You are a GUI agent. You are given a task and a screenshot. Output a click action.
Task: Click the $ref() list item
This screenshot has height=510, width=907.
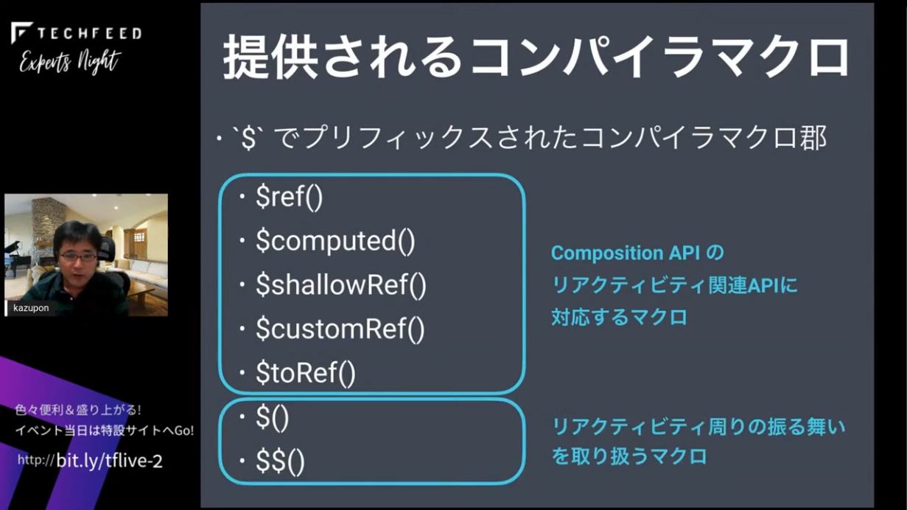coord(289,198)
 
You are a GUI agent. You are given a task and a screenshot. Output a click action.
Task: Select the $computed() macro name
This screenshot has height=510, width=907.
coord(335,241)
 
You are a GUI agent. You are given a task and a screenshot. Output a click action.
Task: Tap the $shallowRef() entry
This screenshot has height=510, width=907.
coord(341,284)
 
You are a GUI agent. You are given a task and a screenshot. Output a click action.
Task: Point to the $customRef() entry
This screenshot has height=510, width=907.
coord(340,329)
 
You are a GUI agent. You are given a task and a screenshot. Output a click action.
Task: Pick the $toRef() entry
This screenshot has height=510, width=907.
coord(306,373)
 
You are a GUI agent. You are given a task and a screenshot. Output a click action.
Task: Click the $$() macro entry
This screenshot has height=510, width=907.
coord(280,461)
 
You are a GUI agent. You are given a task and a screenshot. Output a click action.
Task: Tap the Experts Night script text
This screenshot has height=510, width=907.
coord(70,62)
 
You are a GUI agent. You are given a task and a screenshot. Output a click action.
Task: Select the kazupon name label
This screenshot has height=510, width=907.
coord(31,308)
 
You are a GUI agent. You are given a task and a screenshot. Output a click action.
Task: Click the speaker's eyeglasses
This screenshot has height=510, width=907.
coord(78,256)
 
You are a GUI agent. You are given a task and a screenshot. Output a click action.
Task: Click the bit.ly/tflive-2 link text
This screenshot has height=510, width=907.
coord(109,461)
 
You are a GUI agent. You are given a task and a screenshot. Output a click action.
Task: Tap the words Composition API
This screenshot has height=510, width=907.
coord(626,254)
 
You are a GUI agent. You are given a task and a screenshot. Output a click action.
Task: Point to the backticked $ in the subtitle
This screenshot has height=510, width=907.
coord(248,139)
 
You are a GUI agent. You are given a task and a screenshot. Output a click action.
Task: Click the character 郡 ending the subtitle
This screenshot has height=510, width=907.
coord(813,137)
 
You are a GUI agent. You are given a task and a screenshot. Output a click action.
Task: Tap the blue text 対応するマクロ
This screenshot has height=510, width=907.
coord(619,317)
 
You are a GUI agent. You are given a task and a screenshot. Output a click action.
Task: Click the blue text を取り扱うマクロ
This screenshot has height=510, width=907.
coord(629,456)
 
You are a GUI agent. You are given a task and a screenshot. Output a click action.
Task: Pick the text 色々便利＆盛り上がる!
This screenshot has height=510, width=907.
coord(78,410)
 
